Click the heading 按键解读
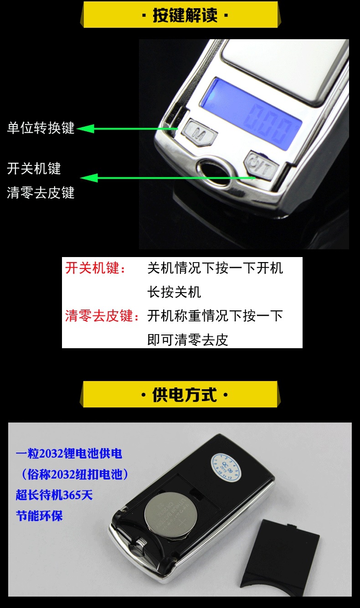[185, 15]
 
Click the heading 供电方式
[185, 394]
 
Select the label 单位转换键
[41, 128]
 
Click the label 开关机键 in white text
[34, 169]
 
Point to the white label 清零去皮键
[41, 193]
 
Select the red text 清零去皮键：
[102, 315]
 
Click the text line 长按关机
[174, 292]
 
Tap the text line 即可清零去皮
[187, 340]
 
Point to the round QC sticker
[226, 464]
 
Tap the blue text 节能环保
[39, 516]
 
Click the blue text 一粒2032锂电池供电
[69, 453]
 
